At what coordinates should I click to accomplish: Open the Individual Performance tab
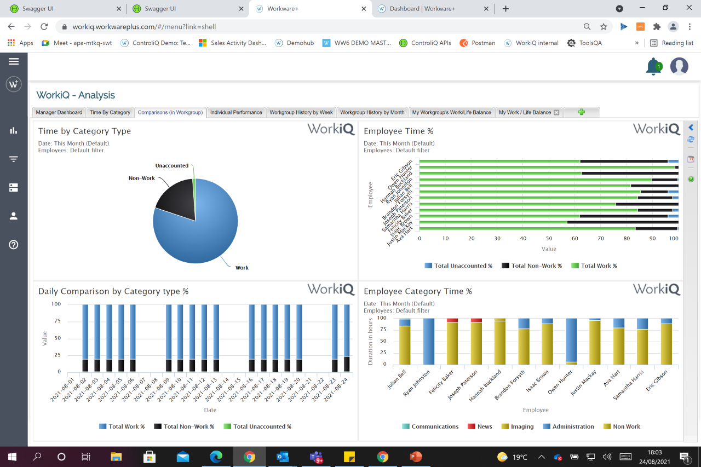236,112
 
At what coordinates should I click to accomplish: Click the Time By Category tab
110,112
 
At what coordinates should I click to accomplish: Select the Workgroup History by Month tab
372,112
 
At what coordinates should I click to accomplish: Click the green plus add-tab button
581,112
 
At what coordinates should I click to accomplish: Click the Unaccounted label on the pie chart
171,165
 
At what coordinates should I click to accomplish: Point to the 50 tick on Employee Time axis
549,239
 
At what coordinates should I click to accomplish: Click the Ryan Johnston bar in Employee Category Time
428,341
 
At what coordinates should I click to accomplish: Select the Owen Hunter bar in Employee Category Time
571,341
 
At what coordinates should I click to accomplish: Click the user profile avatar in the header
679,66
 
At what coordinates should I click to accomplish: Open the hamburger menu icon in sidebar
14,61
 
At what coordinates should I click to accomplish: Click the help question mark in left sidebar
14,245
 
